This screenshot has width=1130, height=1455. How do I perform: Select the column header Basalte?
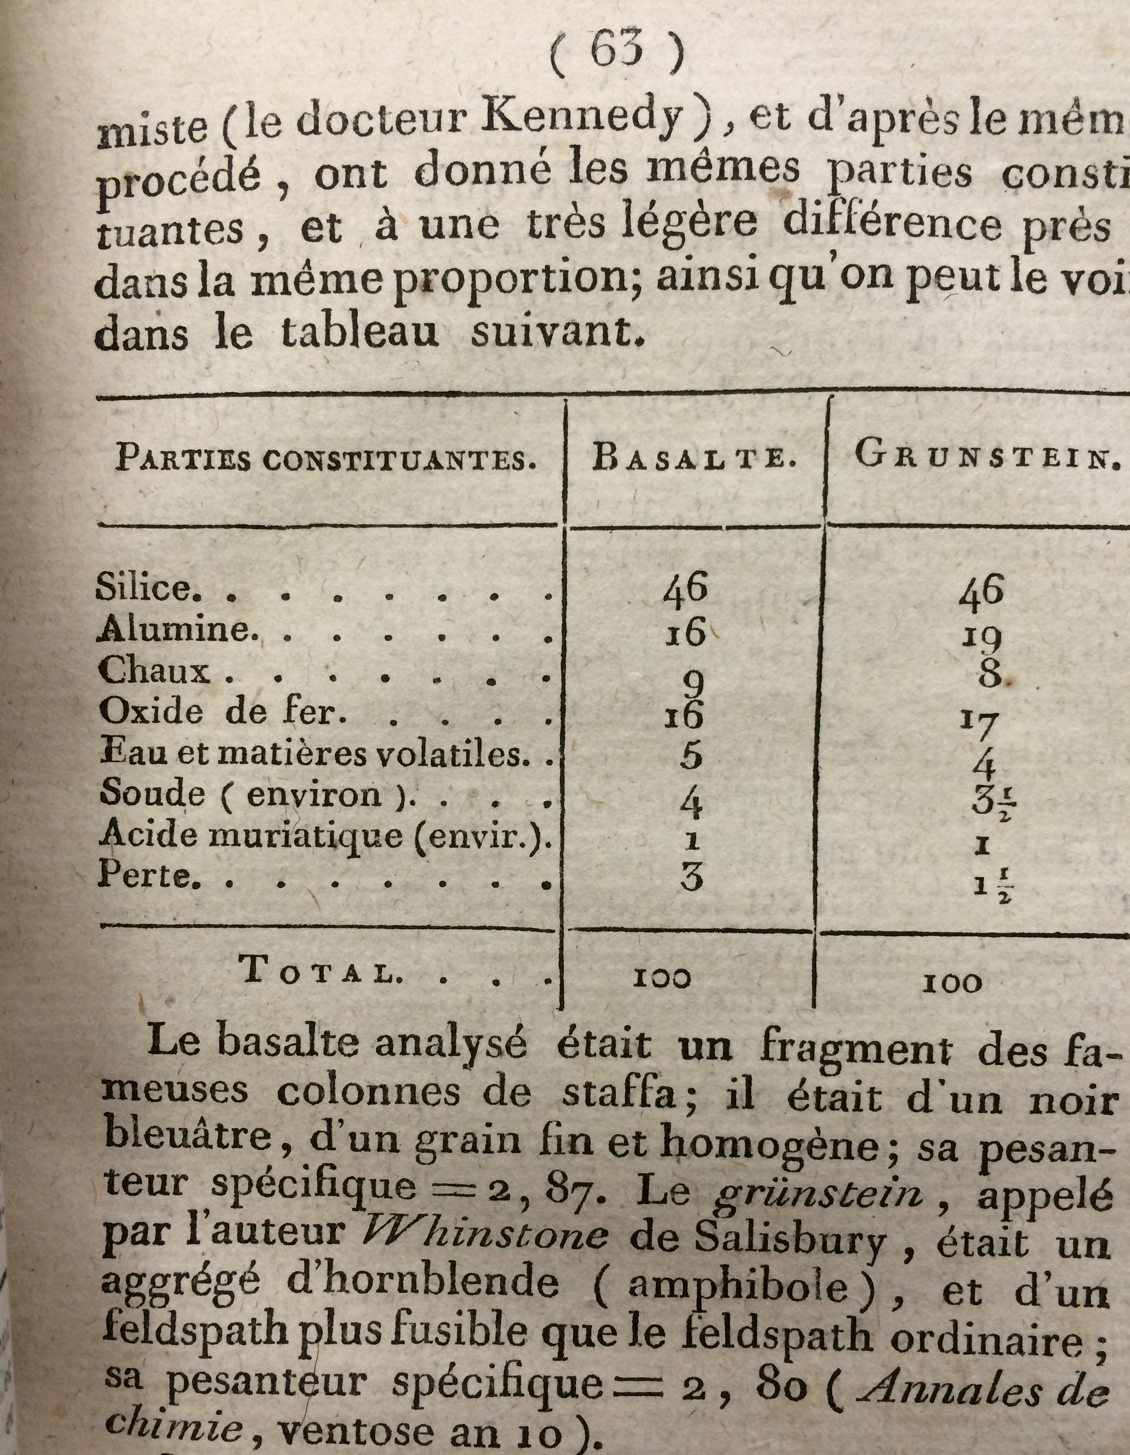pyautogui.click(x=695, y=459)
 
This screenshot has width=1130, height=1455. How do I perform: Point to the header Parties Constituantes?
pyautogui.click(x=326, y=459)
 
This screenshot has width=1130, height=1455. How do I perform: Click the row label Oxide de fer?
pyautogui.click(x=223, y=713)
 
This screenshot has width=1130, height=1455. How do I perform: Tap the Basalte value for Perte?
pyautogui.click(x=691, y=878)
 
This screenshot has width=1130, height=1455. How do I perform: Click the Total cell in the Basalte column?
pyautogui.click(x=661, y=978)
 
